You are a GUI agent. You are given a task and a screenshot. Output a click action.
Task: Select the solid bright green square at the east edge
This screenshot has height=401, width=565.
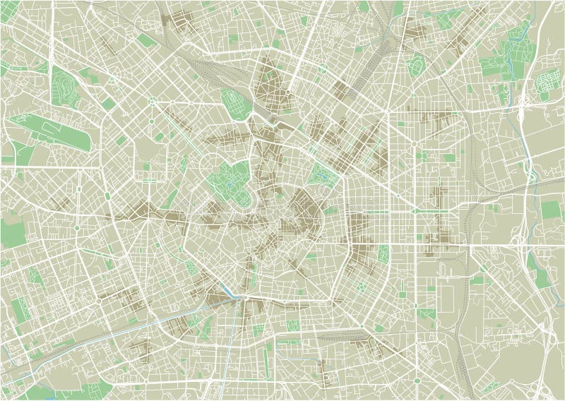pos(551,210)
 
